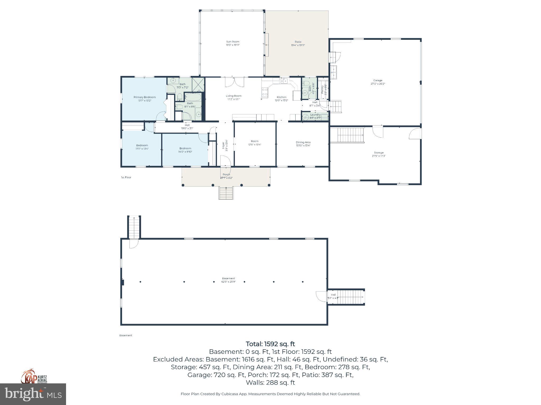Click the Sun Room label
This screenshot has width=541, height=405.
[x=232, y=42]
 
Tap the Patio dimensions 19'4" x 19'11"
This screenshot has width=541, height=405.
[x=298, y=45]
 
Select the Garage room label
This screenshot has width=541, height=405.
[x=377, y=80]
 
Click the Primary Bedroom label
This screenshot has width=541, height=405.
[x=144, y=97]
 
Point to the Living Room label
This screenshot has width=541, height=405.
[x=234, y=96]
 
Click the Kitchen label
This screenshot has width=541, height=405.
[x=281, y=97]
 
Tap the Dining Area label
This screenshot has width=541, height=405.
[x=303, y=142]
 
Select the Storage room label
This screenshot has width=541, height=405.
[x=379, y=153]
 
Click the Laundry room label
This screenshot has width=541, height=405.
[x=315, y=115]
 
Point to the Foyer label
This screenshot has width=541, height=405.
[x=223, y=146]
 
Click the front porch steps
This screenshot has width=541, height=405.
[x=226, y=193]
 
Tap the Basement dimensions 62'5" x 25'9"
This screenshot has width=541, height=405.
[x=228, y=282]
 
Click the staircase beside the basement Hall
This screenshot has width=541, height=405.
[x=351, y=297]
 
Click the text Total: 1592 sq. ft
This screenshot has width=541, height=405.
[x=270, y=344]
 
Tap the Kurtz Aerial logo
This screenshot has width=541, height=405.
[x=34, y=377]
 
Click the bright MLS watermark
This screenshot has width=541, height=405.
[x=33, y=394]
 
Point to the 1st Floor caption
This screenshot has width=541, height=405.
[x=126, y=177]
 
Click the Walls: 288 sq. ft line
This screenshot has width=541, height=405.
[x=270, y=383]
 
